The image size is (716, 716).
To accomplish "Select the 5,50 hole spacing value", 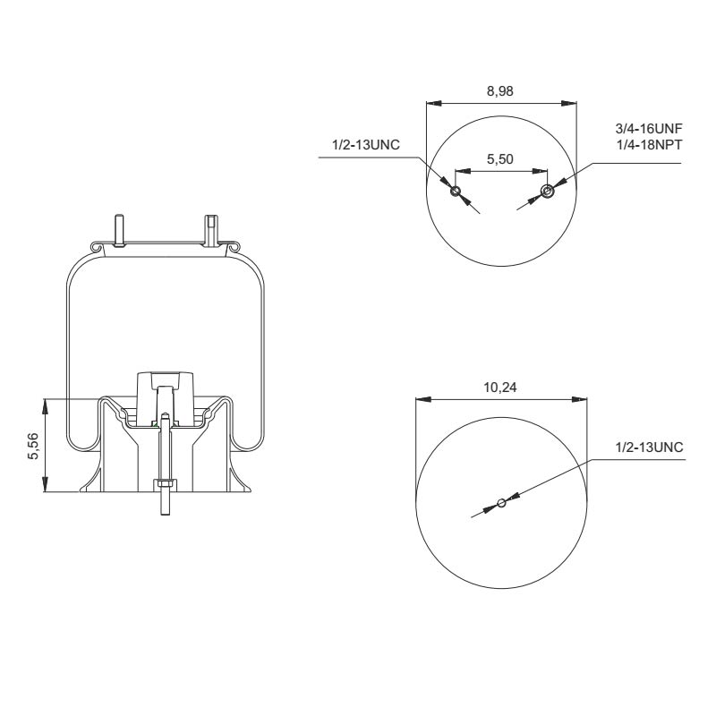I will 499,158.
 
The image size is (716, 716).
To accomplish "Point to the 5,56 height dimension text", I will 33,445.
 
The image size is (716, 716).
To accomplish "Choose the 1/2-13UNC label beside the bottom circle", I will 649,447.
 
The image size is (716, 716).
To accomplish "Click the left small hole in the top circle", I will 456,191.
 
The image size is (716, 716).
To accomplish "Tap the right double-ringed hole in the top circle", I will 548,191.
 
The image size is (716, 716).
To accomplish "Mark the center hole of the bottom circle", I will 501,503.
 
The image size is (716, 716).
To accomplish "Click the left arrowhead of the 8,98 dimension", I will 430,101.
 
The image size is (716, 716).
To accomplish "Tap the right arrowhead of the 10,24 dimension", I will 582,399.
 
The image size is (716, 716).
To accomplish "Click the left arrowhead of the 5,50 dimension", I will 460,170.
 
